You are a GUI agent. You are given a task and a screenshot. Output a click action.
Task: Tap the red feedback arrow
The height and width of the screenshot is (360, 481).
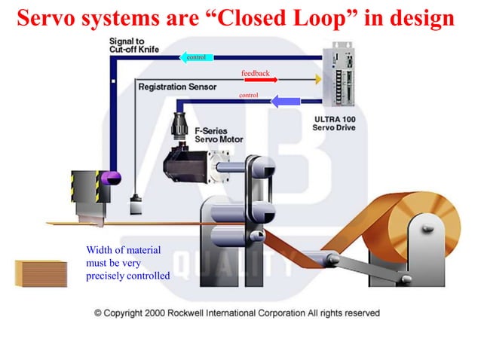pyautogui.click(x=260, y=80)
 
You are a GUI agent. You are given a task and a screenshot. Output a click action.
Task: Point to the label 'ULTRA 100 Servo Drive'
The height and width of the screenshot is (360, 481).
pyautogui.click(x=333, y=124)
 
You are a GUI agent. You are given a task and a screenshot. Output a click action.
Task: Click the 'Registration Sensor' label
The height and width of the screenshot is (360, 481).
pyautogui.click(x=177, y=87)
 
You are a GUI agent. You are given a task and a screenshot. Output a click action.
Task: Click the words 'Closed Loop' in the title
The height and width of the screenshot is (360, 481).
pyautogui.click(x=288, y=18)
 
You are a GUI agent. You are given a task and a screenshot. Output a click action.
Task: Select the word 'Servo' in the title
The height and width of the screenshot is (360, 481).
pyautogui.click(x=44, y=18)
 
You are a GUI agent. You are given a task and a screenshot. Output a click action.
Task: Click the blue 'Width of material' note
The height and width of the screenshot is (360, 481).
pyautogui.click(x=128, y=262)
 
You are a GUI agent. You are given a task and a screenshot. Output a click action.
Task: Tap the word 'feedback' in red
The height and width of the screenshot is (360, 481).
pyautogui.click(x=256, y=72)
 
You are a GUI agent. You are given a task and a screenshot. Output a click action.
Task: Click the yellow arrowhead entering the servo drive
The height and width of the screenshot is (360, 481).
pyautogui.click(x=318, y=78)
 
